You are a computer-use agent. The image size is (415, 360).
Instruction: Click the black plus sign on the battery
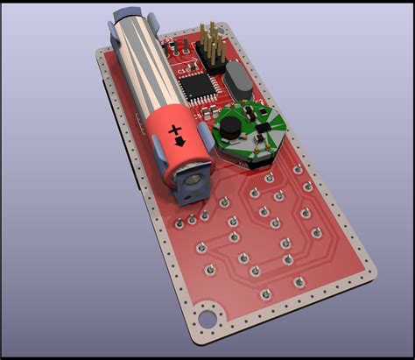coord(172,126)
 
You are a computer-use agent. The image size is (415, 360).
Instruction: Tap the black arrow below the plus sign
coord(180,141)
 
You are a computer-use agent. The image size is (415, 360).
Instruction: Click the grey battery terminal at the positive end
coord(192,182)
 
